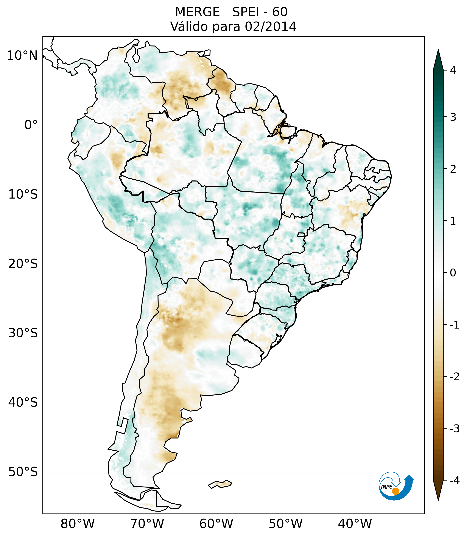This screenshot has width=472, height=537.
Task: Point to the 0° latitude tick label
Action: click(31, 125)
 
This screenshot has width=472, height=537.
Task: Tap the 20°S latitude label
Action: click(23, 264)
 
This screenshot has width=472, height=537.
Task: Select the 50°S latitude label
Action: click(23, 472)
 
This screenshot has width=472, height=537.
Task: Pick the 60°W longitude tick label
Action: click(216, 524)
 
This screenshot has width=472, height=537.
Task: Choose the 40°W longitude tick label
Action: click(355, 524)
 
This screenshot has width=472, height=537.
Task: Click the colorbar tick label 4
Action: click(453, 70)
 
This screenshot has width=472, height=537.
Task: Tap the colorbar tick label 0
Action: click(453, 273)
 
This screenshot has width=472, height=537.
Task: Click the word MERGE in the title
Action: click(197, 12)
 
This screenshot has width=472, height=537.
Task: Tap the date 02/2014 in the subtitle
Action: click(270, 27)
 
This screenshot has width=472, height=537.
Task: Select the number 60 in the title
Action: click(280, 12)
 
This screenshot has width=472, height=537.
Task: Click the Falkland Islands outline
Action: click(220, 484)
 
